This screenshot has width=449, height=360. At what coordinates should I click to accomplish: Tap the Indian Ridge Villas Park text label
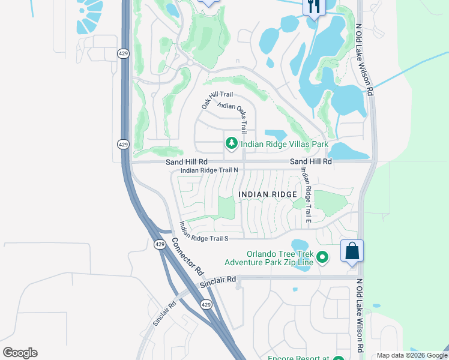[x=285, y=144]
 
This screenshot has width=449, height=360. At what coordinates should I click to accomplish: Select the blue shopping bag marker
[x=352, y=251]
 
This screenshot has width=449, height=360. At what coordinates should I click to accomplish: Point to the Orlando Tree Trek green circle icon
[x=323, y=257]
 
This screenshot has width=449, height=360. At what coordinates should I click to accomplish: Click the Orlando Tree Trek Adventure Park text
[x=270, y=257]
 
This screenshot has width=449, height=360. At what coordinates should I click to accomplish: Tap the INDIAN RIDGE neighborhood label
[x=268, y=194]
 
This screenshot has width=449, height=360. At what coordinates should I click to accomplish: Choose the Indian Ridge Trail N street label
[x=210, y=170]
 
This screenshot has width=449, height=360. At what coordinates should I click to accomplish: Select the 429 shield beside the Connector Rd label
[x=159, y=244]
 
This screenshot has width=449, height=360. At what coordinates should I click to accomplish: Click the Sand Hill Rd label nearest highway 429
[x=187, y=162]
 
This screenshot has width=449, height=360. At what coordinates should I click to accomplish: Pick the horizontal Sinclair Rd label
[x=218, y=279]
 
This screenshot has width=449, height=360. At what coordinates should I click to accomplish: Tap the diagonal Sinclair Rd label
[x=164, y=313]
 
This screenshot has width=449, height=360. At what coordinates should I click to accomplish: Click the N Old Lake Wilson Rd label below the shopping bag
[x=360, y=316]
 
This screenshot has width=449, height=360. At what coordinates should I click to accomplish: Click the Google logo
[x=20, y=353]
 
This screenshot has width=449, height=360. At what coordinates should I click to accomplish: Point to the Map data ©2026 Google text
[x=412, y=355]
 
